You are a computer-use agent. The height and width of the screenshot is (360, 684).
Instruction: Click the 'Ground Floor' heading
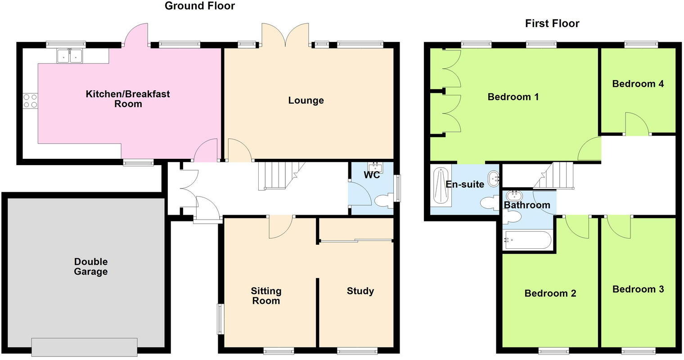click(199, 6)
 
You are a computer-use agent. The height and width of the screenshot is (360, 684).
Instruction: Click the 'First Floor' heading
click(552, 23)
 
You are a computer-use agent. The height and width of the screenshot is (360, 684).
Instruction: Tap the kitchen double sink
click(69, 55)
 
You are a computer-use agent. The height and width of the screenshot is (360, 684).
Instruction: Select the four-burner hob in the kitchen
click(30, 100)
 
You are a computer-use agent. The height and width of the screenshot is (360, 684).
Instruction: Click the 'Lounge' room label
click(306, 100)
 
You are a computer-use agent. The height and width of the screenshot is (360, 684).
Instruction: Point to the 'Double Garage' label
click(90, 267)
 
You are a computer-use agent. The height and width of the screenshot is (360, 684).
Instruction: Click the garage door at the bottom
click(84, 346)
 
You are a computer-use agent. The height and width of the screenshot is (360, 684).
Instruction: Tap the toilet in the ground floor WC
click(383, 201)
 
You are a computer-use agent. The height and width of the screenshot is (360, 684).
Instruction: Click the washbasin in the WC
click(374, 168)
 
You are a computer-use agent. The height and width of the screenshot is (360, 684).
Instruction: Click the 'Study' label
click(360, 291)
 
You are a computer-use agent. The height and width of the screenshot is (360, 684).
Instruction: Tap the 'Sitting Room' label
click(266, 296)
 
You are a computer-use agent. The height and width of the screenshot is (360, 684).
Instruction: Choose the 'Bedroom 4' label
click(638, 84)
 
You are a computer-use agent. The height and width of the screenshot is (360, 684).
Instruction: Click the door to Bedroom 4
click(636, 124)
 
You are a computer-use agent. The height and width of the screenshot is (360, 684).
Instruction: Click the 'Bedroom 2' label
click(550, 293)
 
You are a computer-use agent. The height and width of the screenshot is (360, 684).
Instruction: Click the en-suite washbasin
click(494, 178)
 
